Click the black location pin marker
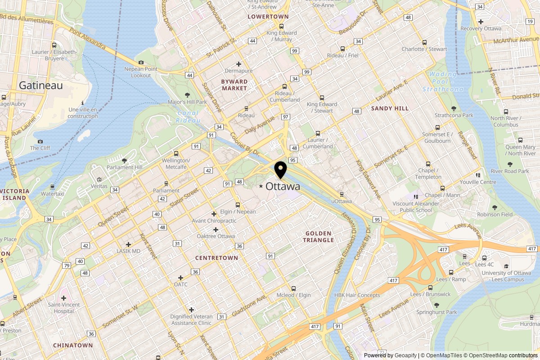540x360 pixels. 281,170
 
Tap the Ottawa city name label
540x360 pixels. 283,186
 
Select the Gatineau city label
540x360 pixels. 40,85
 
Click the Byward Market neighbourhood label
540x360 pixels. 234,85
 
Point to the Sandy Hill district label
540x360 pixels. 390,108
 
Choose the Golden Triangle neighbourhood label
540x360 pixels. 319,237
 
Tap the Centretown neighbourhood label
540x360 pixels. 216,258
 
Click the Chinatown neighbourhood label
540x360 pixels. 73,345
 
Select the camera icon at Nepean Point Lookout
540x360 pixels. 141,62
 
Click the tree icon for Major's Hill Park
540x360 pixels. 188,94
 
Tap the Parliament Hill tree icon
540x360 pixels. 125,160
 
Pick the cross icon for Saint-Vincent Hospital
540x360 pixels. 63,298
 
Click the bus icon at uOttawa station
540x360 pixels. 342,194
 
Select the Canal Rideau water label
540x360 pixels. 187,117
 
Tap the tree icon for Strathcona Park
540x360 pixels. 454,108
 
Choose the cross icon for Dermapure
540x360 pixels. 239,64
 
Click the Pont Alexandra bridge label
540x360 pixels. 88,40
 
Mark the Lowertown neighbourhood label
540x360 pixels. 268,16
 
